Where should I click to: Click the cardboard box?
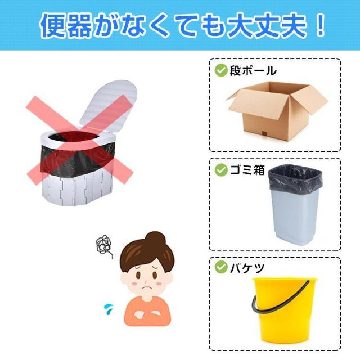click(x=276, y=110)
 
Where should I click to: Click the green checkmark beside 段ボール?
click(x=220, y=70)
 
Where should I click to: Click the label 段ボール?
click(x=253, y=70)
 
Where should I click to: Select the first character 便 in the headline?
click(x=53, y=26)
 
